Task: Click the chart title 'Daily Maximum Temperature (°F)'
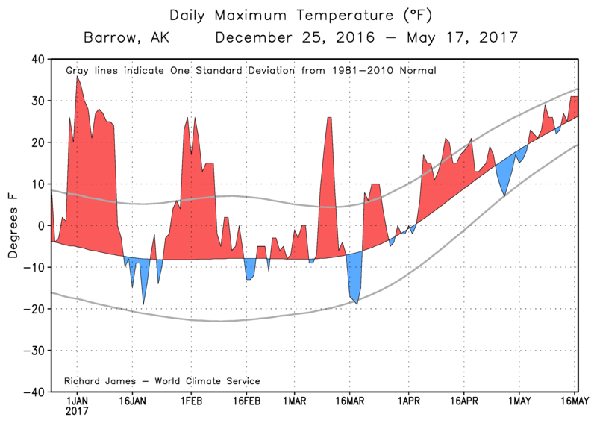click(x=298, y=14)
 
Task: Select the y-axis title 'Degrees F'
click(x=13, y=225)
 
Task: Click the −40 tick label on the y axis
click(x=33, y=391)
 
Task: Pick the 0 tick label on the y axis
click(x=41, y=225)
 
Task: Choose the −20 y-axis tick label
click(x=33, y=308)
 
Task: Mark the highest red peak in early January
click(x=77, y=78)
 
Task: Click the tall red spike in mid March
click(x=329, y=119)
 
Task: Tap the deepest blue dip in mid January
click(x=144, y=302)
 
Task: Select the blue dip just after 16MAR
click(x=357, y=302)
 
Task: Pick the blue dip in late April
click(x=505, y=194)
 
